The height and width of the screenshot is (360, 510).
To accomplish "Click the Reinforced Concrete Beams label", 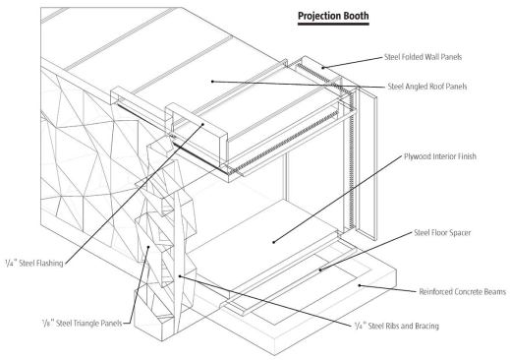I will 454,292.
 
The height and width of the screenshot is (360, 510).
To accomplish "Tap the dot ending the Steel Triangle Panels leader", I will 148,249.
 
